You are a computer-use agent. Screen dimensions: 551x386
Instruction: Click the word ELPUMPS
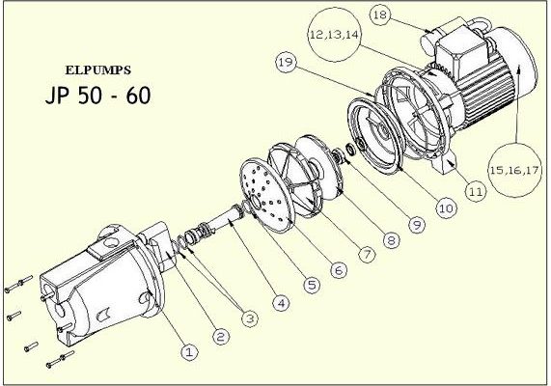[98, 70]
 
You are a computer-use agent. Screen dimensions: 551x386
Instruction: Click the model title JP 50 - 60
[98, 96]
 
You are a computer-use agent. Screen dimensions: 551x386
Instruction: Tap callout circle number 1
[189, 351]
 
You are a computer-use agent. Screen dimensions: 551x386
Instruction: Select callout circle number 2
[221, 337]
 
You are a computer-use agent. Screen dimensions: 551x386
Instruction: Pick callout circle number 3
[250, 318]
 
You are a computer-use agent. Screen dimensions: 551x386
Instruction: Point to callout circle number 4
[282, 303]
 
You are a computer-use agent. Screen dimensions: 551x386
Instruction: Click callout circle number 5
[312, 285]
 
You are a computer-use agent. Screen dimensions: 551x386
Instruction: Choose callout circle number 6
[339, 270]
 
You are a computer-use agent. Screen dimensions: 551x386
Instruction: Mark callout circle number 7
[367, 254]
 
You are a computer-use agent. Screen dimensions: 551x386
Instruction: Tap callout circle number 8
[392, 240]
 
